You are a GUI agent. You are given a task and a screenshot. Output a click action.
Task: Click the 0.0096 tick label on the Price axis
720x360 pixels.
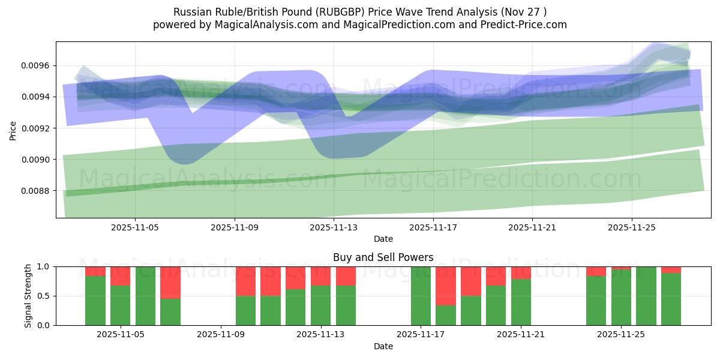pyautogui.click(x=35, y=65)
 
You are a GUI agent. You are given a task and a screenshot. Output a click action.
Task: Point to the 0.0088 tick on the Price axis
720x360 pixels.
pyautogui.click(x=35, y=191)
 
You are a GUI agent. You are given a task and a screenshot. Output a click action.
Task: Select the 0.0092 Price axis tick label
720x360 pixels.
pyautogui.click(x=35, y=128)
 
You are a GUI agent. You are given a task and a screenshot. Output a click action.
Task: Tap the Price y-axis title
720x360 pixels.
pyautogui.click(x=13, y=130)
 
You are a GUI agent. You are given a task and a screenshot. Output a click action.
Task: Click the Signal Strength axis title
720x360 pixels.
pyautogui.click(x=28, y=296)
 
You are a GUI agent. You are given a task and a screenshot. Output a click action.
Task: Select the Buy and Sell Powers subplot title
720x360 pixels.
pyautogui.click(x=383, y=257)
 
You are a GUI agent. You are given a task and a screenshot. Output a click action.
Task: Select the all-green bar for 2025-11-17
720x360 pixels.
pyautogui.click(x=421, y=296)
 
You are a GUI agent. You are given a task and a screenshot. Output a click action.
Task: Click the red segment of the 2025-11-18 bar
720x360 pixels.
pyautogui.click(x=446, y=286)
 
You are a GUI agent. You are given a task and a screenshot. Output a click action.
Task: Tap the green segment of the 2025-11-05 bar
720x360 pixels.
pyautogui.click(x=121, y=305)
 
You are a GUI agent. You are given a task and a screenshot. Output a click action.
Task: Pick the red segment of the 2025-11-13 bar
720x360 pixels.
pyautogui.click(x=321, y=275)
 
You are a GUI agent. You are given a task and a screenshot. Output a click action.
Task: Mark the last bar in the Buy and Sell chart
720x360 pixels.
pyautogui.click(x=671, y=299)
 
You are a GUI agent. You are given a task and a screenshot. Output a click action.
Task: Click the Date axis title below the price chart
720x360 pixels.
pyautogui.click(x=383, y=239)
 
